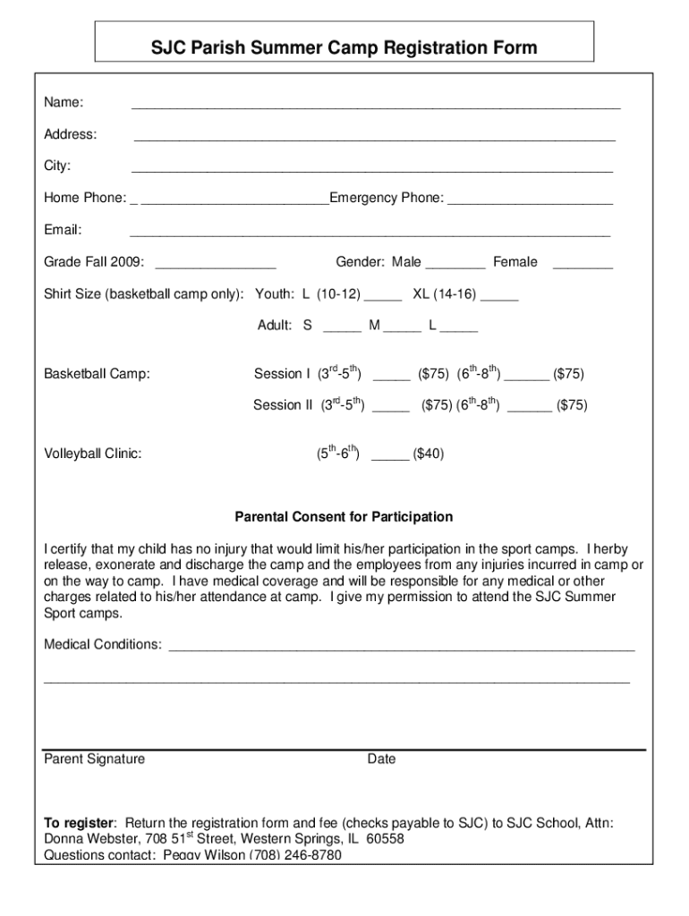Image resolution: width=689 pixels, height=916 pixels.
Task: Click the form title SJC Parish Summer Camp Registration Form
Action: click(x=344, y=47)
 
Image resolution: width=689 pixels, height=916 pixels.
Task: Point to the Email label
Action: click(x=64, y=230)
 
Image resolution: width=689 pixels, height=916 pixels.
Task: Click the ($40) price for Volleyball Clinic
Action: click(x=428, y=454)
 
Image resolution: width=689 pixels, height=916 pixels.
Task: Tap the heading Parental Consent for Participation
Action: click(x=344, y=517)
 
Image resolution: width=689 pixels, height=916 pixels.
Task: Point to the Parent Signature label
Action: click(x=95, y=759)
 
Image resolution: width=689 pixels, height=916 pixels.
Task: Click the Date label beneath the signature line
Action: click(x=381, y=759)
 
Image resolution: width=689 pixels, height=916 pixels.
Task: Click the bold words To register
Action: click(x=80, y=823)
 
